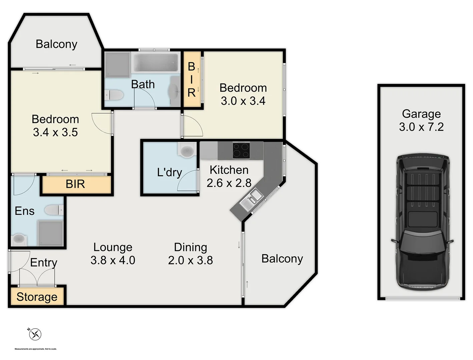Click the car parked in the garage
pos(422,222)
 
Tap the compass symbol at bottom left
pos(35,334)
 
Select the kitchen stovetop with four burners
pos(241,150)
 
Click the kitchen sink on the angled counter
pos(251,200)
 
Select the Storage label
pos(37,297)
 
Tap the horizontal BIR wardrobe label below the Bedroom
pos(75,184)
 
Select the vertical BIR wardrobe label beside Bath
pos(192,80)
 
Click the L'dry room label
pos(169,172)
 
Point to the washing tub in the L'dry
pos(187,150)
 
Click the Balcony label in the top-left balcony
pos(56,44)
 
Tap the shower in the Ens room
pos(50,233)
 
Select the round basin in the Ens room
pos(19,239)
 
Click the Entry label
pos(44,263)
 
